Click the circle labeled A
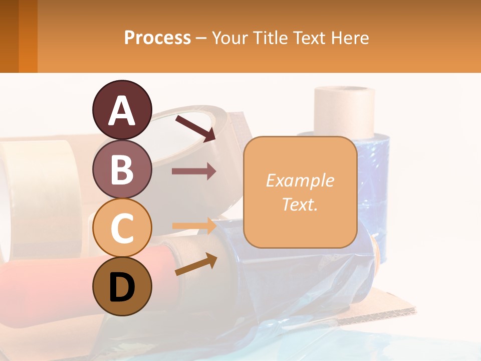click(122, 110)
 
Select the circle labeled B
click(122, 169)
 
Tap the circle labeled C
click(122, 228)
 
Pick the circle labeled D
click(122, 287)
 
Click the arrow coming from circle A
click(195, 128)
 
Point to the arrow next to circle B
click(194, 171)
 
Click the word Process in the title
click(157, 38)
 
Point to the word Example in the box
click(300, 180)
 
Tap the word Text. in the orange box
click(300, 204)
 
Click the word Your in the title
click(230, 38)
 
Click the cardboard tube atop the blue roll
click(344, 111)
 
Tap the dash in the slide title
click(201, 38)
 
